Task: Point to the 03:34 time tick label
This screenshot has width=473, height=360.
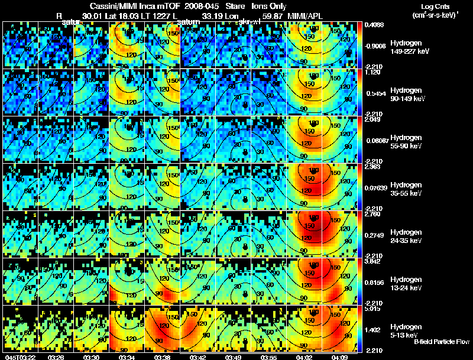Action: [x=127, y=357]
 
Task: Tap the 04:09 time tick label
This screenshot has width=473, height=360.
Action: [x=341, y=357]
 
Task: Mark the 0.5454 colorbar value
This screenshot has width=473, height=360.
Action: [x=374, y=93]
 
